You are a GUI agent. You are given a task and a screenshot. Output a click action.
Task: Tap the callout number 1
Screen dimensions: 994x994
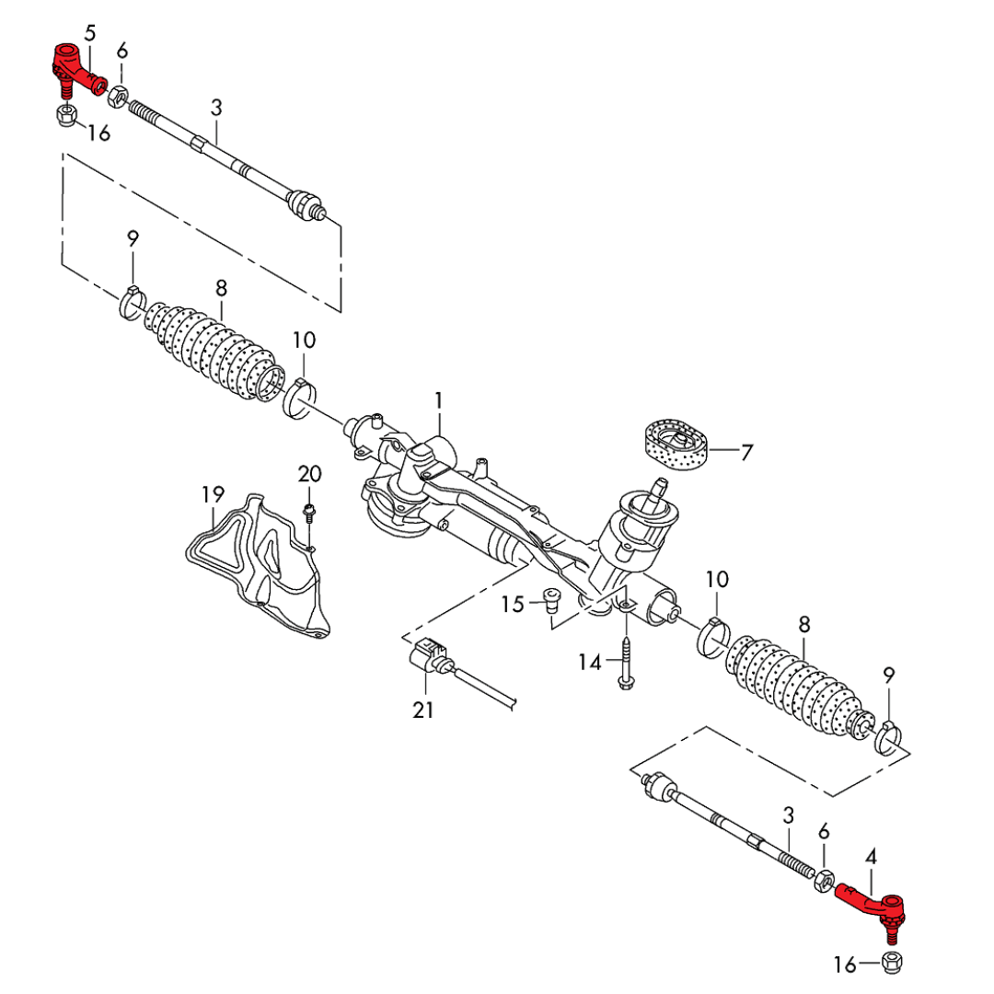[x=439, y=400]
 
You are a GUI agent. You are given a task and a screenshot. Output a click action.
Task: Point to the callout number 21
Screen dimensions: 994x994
[x=424, y=710]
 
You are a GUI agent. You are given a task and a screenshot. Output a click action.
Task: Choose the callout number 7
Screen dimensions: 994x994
[x=746, y=452]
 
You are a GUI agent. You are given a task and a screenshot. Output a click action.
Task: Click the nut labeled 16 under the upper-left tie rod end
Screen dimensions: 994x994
[x=65, y=117]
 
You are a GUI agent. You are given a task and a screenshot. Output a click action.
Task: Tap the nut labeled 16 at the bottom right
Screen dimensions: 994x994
[x=891, y=963]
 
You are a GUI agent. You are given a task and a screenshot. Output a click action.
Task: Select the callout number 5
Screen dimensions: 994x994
[x=89, y=34]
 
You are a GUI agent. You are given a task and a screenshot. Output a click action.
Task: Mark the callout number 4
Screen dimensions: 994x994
[x=871, y=857]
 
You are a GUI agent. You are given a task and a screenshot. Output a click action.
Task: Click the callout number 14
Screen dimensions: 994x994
[x=589, y=661]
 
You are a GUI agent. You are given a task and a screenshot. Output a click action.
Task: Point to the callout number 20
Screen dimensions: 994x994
[x=309, y=474]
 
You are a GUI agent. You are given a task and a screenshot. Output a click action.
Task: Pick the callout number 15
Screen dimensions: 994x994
[x=513, y=604]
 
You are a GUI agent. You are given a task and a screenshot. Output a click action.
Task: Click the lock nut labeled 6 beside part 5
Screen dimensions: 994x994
[x=118, y=94]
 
